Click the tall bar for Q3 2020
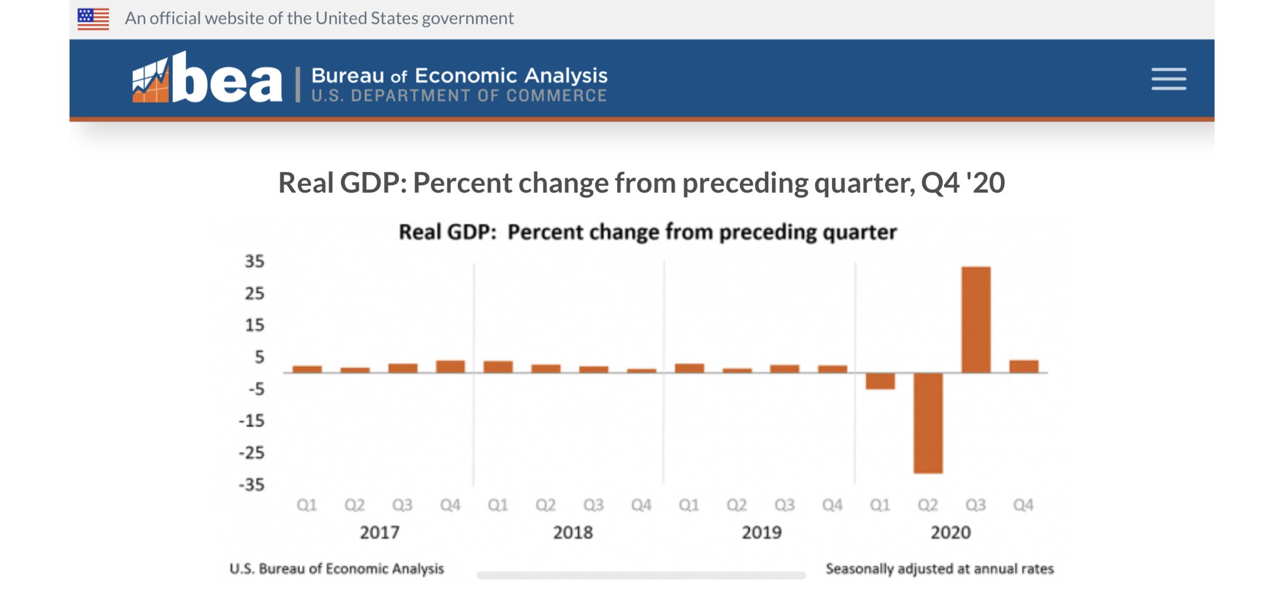click(x=975, y=319)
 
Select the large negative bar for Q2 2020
click(x=928, y=422)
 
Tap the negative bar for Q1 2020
click(x=880, y=380)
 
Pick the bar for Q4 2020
click(x=1023, y=366)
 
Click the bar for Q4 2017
click(x=451, y=366)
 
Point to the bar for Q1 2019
click(x=689, y=368)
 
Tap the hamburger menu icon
click(x=1168, y=79)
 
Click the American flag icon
click(x=93, y=19)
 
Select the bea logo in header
click(x=207, y=79)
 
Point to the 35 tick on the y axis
click(x=254, y=261)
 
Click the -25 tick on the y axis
click(x=252, y=452)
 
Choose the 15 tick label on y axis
click(x=254, y=325)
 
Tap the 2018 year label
click(x=572, y=533)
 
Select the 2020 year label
click(x=950, y=533)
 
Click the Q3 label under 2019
click(x=784, y=505)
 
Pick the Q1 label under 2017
click(x=307, y=505)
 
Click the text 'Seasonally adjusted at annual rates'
click(x=939, y=569)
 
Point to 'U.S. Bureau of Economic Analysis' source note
click(x=337, y=569)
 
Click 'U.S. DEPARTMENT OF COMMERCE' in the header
click(x=459, y=96)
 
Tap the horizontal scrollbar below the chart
click(x=640, y=575)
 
